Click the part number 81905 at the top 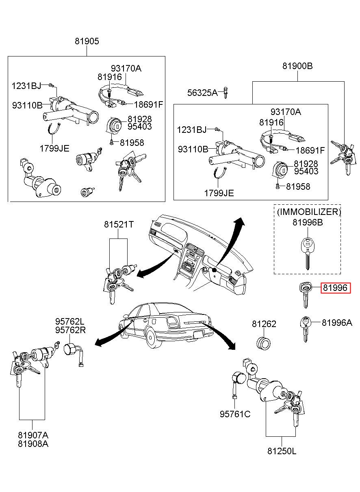87,41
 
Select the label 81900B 297,66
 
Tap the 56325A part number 202,93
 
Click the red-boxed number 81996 335,288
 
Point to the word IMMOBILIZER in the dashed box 309,212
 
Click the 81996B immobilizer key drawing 308,252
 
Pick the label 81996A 337,323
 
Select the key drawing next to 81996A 306,328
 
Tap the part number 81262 264,324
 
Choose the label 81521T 118,224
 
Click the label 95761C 235,414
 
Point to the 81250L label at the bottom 282,451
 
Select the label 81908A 33,444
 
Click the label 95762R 70,330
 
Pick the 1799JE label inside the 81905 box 54,148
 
